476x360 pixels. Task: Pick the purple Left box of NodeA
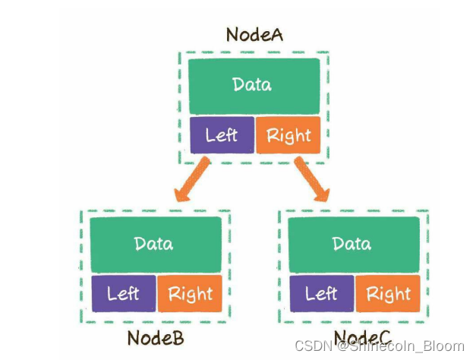(x=221, y=135)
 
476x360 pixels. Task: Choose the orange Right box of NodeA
(x=288, y=135)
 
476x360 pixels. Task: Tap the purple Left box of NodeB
(x=123, y=293)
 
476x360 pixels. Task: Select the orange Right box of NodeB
(x=190, y=293)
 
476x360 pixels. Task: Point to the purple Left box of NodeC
(x=320, y=293)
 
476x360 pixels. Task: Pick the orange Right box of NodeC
(x=388, y=293)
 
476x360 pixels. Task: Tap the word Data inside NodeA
(x=252, y=84)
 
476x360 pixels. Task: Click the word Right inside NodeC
(x=388, y=293)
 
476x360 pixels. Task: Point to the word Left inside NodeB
(x=123, y=293)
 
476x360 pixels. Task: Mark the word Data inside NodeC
(x=352, y=244)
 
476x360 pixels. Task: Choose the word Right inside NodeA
(x=288, y=136)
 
